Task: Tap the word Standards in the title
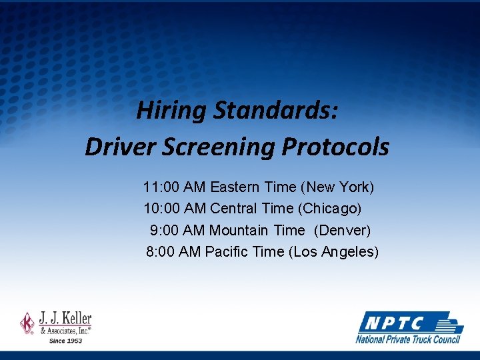(275, 111)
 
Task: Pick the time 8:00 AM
(173, 252)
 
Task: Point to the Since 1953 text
(65, 341)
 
